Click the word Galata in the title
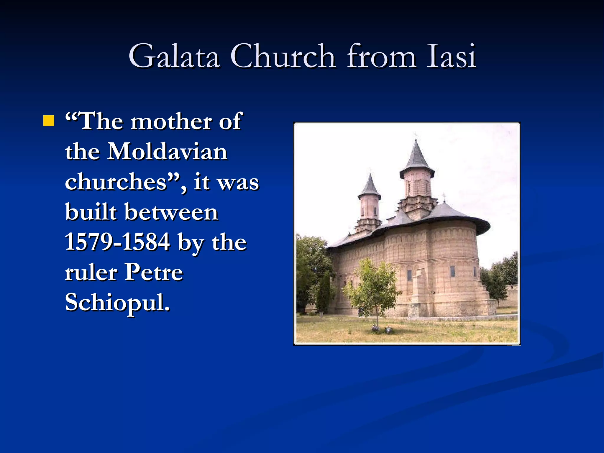click(x=174, y=56)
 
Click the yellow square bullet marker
click(x=49, y=121)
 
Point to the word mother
click(x=171, y=122)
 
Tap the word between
click(x=171, y=212)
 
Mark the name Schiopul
click(x=117, y=302)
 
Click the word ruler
click(x=91, y=273)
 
